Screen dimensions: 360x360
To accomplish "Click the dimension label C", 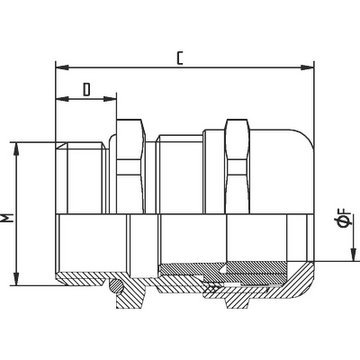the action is pyautogui.click(x=180, y=58).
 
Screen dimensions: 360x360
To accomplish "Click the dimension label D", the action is pyautogui.click(x=87, y=90).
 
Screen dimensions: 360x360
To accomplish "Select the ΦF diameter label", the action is pyautogui.click(x=344, y=218).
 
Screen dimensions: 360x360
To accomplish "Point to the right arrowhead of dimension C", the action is pyautogui.click(x=307, y=68).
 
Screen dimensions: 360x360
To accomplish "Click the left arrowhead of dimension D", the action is pyautogui.click(x=62, y=99).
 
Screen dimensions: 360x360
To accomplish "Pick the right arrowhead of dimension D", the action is pyautogui.click(x=110, y=99).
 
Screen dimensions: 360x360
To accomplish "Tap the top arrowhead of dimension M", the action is pyautogui.click(x=16, y=149).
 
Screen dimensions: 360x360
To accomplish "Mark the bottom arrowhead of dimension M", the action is pyautogui.click(x=16, y=279).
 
